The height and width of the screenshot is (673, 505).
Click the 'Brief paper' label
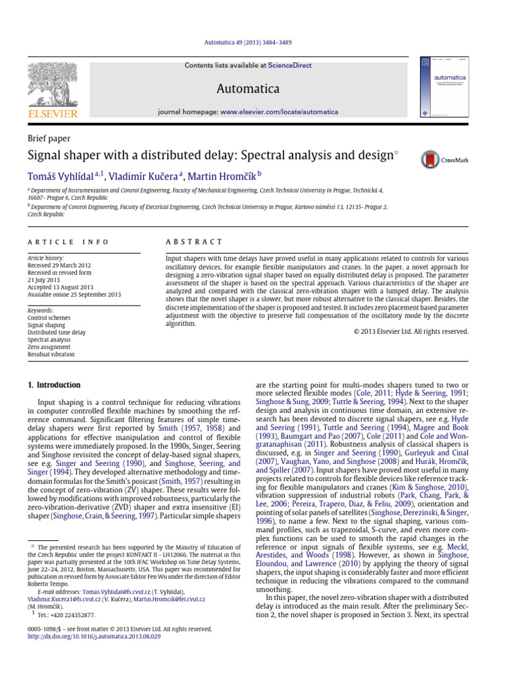[x=49, y=139]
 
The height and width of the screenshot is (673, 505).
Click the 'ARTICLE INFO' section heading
[x=68, y=243]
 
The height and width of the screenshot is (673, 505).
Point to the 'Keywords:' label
[x=41, y=310]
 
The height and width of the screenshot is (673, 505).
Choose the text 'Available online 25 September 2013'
[x=74, y=294]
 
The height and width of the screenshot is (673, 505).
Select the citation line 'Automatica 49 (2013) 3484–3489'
[x=252, y=43]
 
